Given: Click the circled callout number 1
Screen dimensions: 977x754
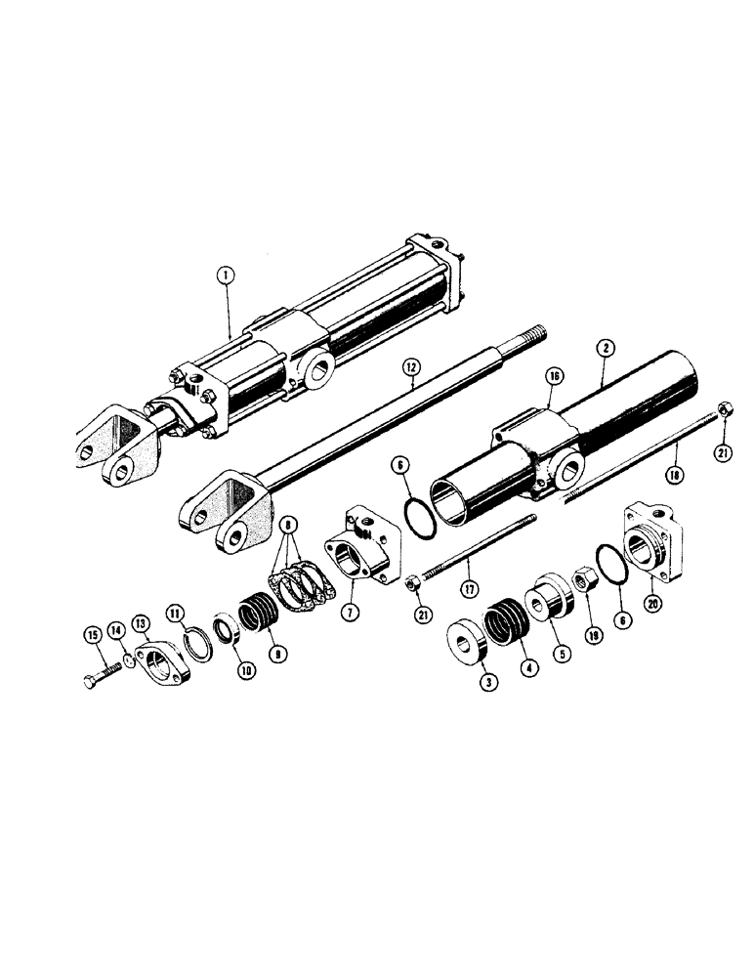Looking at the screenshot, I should [226, 276].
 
